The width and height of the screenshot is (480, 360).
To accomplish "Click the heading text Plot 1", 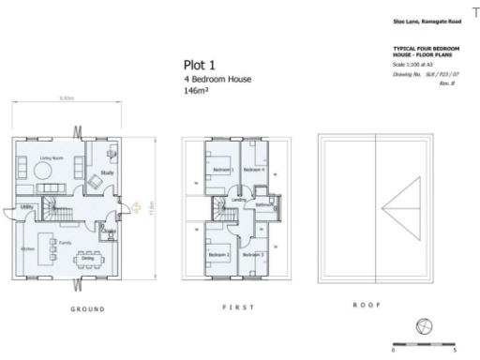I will (200, 65).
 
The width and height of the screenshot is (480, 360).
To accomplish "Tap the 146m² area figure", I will (196, 93).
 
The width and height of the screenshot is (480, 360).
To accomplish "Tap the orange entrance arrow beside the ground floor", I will (136, 207).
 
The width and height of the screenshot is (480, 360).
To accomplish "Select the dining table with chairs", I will (89, 256).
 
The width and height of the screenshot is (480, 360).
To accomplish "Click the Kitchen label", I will (28, 248).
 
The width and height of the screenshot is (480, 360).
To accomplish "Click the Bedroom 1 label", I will (222, 169).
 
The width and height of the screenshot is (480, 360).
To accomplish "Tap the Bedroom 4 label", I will (253, 169).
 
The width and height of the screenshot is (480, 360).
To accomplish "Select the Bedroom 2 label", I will (219, 254).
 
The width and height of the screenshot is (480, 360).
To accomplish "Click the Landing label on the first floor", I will (239, 200).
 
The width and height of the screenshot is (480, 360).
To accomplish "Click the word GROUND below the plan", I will (88, 308).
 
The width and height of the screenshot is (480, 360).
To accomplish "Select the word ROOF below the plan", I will (365, 305).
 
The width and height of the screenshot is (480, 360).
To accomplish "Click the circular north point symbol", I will (425, 326).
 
